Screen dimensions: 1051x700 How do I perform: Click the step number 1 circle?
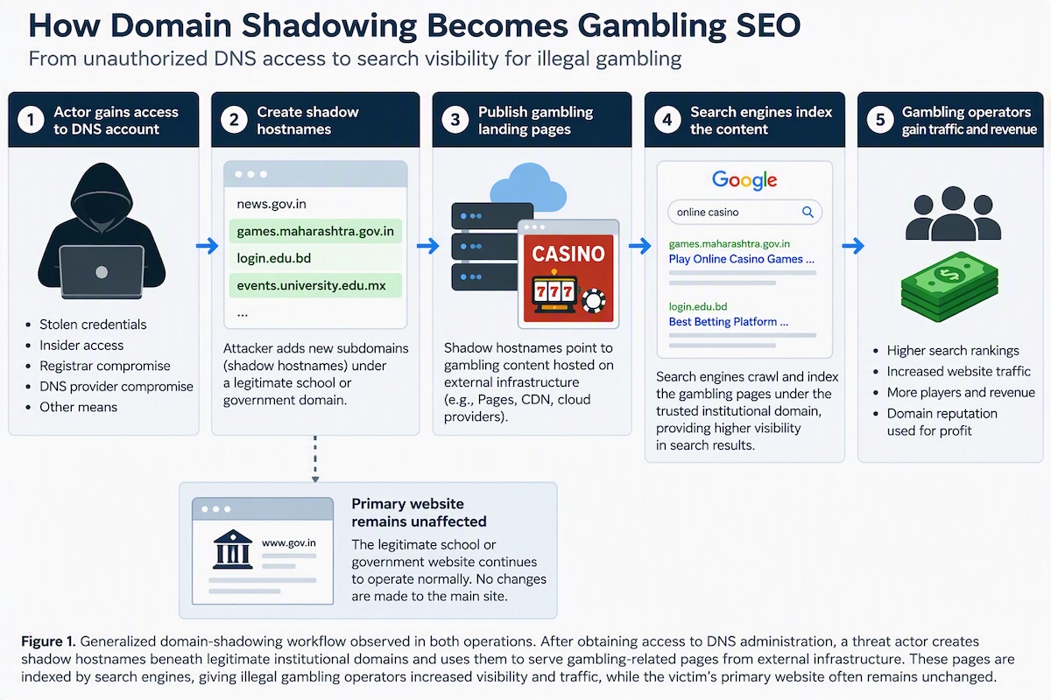coord(31,120)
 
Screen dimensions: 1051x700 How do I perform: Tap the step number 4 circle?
coord(667,120)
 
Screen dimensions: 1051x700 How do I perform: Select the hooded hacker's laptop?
coord(102,272)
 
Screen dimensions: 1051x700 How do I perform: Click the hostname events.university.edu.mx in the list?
coord(311,285)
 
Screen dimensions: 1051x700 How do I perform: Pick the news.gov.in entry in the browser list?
coord(272,204)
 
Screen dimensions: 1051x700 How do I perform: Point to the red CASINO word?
coord(568,254)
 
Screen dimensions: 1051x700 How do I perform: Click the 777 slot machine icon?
coord(554,292)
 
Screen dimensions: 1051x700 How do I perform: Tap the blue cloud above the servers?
coord(528,186)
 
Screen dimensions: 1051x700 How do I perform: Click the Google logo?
coord(744,180)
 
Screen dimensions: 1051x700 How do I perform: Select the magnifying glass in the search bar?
coord(808,212)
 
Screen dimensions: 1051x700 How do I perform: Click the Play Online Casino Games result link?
coord(741,259)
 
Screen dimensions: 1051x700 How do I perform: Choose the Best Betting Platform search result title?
coord(728,322)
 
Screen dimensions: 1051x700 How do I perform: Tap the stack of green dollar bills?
coord(949,287)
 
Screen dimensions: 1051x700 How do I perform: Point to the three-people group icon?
coord(953,213)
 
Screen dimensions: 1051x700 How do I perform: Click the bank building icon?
coord(233,549)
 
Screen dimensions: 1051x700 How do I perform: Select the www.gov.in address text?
coord(288,542)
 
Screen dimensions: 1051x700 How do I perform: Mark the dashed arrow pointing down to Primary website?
coord(315,459)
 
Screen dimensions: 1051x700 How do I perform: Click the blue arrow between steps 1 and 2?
coord(207,245)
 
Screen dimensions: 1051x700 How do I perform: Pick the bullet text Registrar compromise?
coord(104,366)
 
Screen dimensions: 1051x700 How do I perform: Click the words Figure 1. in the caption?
coord(48,641)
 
